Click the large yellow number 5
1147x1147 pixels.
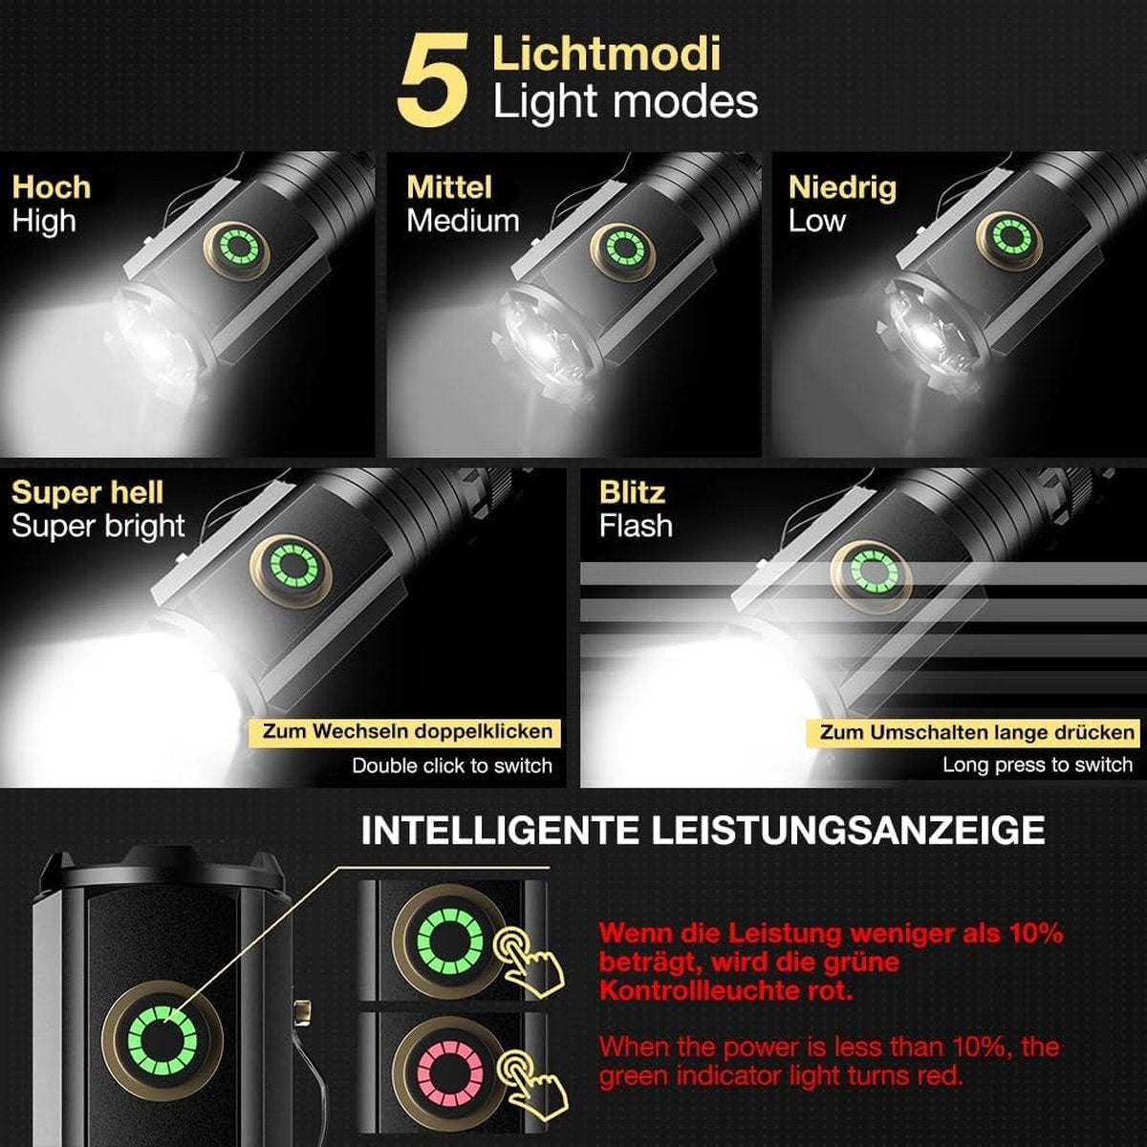pos(433,81)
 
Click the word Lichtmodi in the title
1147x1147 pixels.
pos(607,54)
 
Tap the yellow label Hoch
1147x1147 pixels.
pos(52,187)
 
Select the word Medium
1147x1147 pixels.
pos(463,221)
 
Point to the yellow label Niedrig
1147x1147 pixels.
pos(842,187)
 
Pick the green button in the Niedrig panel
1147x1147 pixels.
pos(1009,236)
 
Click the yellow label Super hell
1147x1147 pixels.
pos(88,493)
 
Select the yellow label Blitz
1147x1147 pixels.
pos(632,493)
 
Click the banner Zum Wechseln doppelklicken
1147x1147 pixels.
pos(404,731)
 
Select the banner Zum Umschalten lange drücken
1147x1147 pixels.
pos(974,733)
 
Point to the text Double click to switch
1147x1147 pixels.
pos(452,766)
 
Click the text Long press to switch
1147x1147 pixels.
pos(1037,765)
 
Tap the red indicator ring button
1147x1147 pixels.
pos(450,1069)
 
